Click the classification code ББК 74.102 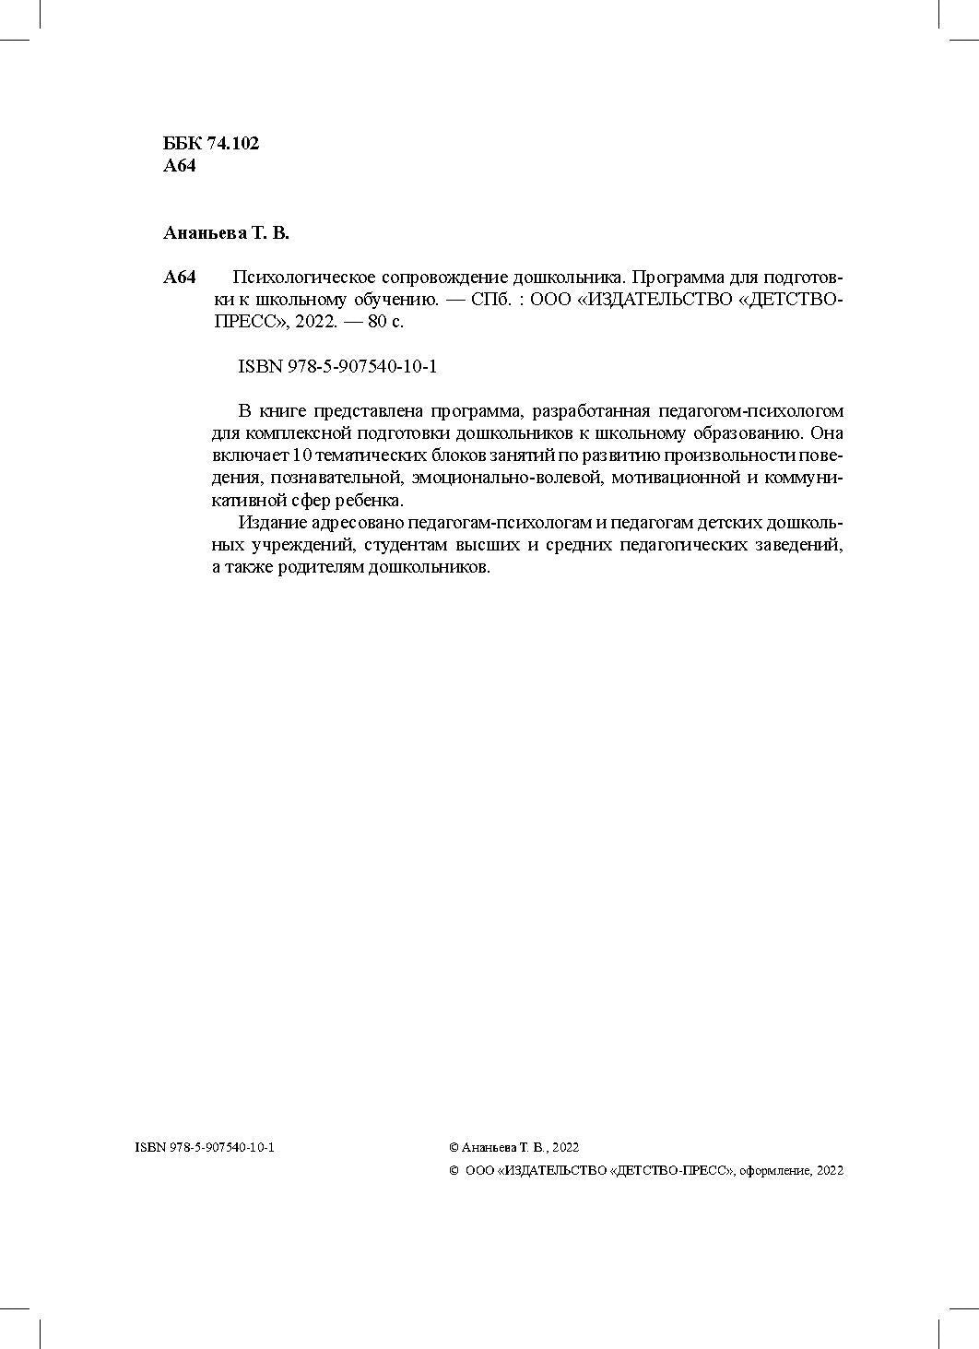point(211,144)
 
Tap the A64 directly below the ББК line point(179,167)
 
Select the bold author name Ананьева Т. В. point(226,233)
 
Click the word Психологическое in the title point(294,278)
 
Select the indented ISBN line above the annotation point(337,367)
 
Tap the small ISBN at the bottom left point(205,1148)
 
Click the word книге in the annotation point(281,411)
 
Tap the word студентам point(403,545)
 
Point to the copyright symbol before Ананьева point(454,1148)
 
